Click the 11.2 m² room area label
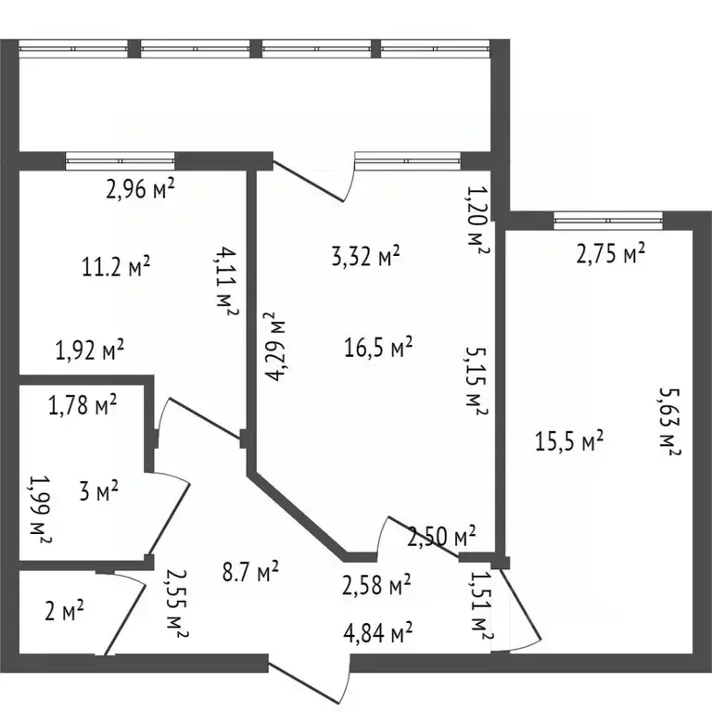click(116, 268)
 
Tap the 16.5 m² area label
click(377, 348)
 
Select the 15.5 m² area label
click(569, 440)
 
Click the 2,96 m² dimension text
click(141, 190)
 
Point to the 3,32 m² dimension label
click(365, 255)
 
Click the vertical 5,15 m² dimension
click(476, 380)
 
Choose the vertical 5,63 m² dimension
click(670, 422)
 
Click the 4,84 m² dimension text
click(377, 634)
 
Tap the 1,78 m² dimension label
click(83, 404)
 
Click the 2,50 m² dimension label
click(442, 535)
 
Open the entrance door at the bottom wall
click(309, 676)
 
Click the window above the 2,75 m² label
click(609, 221)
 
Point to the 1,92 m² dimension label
click(90, 350)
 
